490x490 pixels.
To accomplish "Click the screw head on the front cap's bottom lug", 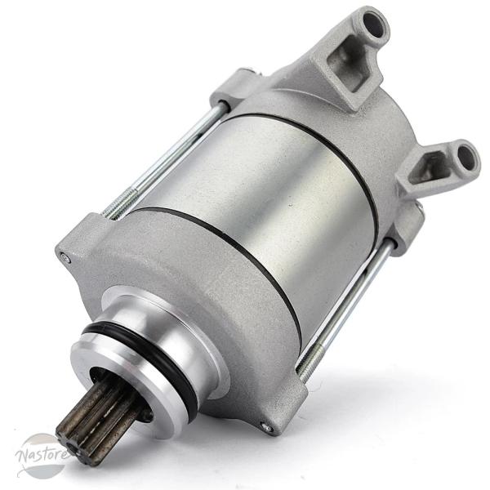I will tap(264, 425).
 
